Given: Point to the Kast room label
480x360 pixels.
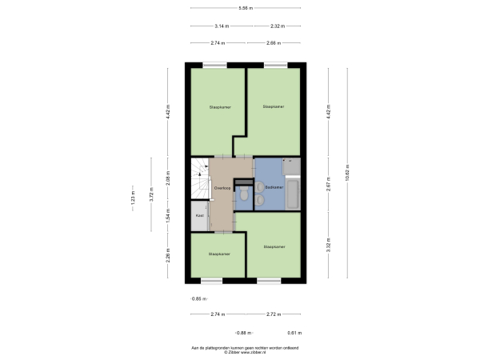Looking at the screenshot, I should click(x=199, y=215).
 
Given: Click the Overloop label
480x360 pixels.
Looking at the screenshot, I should click(x=222, y=187).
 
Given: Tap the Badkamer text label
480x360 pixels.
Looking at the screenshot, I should click(x=274, y=188).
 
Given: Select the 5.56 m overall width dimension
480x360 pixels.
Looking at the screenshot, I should click(x=245, y=9).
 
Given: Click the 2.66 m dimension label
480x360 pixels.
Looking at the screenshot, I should click(x=273, y=42).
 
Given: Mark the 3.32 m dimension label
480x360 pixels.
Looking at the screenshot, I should click(x=329, y=246).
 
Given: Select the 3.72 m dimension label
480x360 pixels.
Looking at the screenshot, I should click(x=150, y=194).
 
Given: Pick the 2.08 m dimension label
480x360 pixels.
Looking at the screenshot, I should click(x=168, y=180).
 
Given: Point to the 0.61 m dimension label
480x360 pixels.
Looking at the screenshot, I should click(x=294, y=333).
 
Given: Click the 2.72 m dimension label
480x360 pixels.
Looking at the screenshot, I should click(x=273, y=315).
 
